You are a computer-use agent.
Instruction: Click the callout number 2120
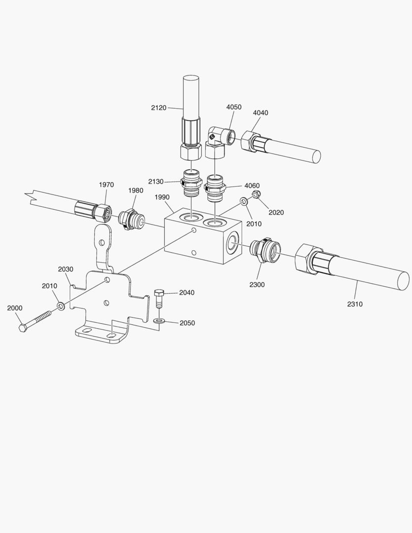point(159,107)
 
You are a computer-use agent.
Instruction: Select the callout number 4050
point(234,107)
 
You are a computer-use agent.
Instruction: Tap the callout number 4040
point(261,113)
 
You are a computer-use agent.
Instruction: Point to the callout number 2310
point(355,304)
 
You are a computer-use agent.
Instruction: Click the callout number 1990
point(162,197)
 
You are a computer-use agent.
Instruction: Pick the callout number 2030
point(66,269)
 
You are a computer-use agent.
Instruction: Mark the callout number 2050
point(187,323)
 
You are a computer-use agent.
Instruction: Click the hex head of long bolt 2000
point(23,329)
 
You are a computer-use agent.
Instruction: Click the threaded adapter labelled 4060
point(215,187)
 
